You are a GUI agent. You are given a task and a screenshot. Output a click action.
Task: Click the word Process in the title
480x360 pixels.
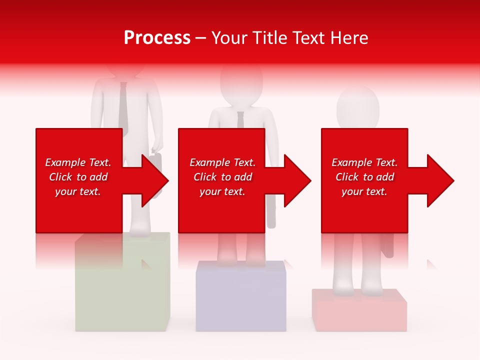[157, 38]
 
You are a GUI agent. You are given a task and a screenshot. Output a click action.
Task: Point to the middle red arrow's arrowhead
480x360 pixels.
[298, 180]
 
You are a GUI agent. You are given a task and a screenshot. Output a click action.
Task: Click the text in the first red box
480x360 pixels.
[78, 177]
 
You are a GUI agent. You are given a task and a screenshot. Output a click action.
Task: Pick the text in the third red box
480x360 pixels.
[364, 177]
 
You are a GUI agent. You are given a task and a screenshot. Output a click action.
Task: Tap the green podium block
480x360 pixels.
[122, 295]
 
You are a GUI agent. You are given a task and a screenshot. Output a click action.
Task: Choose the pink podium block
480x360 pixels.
[359, 312]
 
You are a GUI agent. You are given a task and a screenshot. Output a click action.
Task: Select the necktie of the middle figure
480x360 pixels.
[240, 120]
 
